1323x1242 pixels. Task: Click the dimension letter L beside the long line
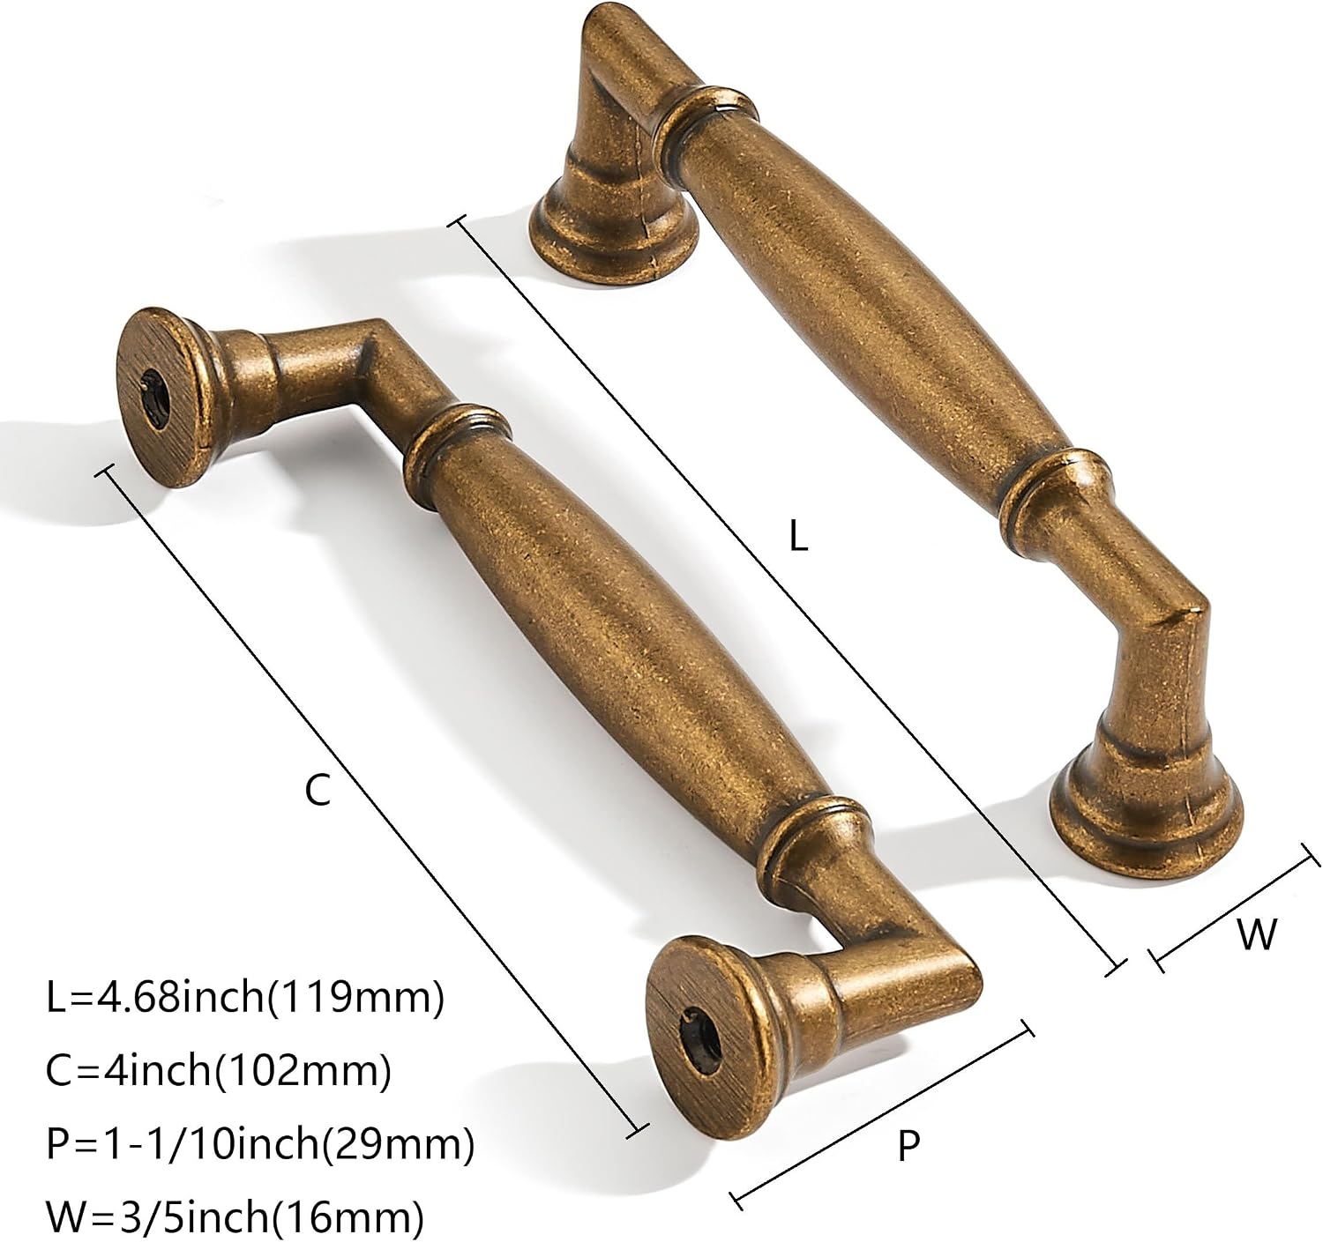coord(798,535)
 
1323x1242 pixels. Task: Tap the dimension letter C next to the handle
coord(318,792)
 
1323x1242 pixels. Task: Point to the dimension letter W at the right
coord(1257,933)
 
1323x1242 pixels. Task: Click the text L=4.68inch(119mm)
coord(245,998)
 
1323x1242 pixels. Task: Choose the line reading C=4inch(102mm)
coord(219,1070)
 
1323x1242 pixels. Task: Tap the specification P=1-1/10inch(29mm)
coord(260,1144)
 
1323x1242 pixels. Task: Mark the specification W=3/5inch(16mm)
coord(235,1217)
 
